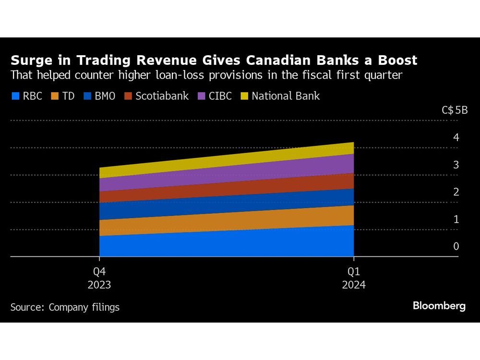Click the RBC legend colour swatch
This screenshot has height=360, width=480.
coord(15,96)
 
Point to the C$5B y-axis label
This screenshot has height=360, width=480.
coord(454,110)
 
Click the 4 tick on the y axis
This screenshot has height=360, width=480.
coord(456,137)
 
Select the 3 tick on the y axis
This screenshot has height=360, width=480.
coord(456,165)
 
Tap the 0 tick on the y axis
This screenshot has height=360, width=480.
coord(456,246)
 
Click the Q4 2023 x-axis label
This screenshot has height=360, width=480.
coord(99,277)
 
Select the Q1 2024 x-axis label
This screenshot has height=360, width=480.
coord(354,277)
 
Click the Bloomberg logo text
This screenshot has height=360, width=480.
coord(439,306)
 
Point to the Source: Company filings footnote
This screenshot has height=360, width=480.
coord(65,307)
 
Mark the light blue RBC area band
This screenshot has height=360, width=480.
coord(226,244)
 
